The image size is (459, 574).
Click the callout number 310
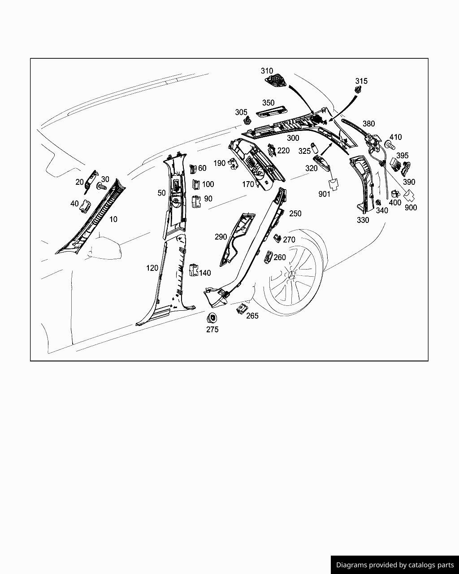tap(267, 71)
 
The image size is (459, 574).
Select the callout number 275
tap(212, 330)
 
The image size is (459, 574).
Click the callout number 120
tap(152, 268)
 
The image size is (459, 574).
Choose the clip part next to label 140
tap(193, 270)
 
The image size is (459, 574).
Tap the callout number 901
tap(325, 194)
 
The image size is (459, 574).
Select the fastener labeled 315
tap(357, 91)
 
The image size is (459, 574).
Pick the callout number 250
tap(295, 213)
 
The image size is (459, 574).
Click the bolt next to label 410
tap(389, 145)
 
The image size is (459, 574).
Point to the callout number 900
tap(411, 208)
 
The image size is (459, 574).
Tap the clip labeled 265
tap(242, 309)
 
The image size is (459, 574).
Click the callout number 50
tap(161, 193)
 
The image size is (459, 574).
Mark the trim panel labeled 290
tap(238, 238)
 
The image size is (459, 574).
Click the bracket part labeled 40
tap(85, 205)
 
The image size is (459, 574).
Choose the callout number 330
tap(363, 220)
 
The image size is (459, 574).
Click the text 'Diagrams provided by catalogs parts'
tap(395, 565)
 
